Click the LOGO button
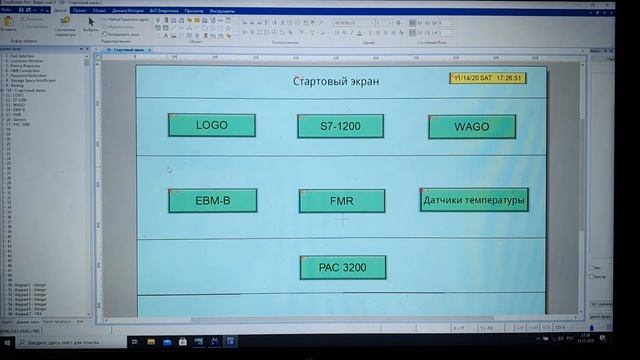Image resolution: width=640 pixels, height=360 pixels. coord(212,125)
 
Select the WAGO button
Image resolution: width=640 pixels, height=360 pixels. coord(471,127)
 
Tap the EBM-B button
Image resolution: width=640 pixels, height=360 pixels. coord(212,201)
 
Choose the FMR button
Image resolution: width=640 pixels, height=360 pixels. coord(341,201)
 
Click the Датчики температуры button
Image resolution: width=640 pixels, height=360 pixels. coord(473,200)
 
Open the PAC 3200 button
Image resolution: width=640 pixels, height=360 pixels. coord(342,268)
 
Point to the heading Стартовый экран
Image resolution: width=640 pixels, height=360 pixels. coord(336,80)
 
